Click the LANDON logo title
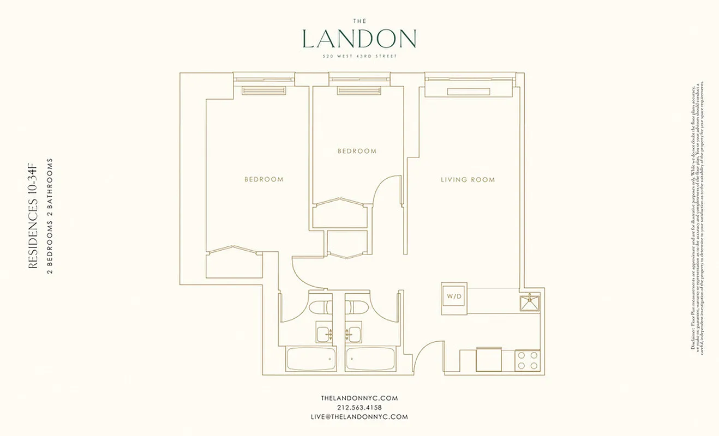coord(359,39)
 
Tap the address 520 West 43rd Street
coord(359,56)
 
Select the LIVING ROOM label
coord(468,180)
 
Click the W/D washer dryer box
coord(454,298)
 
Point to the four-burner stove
coord(528,360)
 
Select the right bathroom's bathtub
coord(370,359)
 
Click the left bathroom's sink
coord(323,332)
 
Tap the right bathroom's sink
coord(354,332)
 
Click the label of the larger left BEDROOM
coord(264,179)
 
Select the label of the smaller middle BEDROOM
coord(357,151)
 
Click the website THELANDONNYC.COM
coord(359,398)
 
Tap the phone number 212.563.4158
coord(359,407)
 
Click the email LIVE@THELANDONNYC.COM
coord(359,416)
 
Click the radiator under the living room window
coord(469,92)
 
